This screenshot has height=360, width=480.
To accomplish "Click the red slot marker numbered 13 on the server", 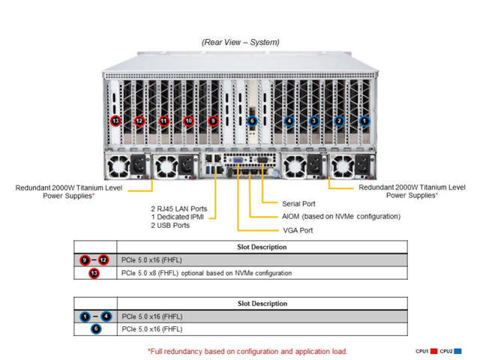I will (x=115, y=120).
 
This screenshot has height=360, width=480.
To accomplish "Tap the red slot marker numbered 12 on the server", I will (x=139, y=120).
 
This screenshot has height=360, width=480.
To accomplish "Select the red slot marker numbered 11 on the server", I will (x=163, y=120).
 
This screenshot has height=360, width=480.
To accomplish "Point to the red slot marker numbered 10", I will (x=188, y=120).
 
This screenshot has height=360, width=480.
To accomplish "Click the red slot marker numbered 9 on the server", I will (x=213, y=120).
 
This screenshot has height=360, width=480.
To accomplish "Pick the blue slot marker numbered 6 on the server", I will (x=252, y=120).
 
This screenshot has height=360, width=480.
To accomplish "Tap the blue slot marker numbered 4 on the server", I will (x=289, y=120).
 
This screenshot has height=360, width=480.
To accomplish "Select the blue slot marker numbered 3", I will (x=313, y=120).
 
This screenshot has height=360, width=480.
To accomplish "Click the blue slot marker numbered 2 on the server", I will (x=338, y=120).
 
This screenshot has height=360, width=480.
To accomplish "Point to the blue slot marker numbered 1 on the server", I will (x=364, y=120).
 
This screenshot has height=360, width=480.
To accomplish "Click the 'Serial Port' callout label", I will (x=298, y=203).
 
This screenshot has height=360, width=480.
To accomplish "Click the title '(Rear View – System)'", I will (x=240, y=43).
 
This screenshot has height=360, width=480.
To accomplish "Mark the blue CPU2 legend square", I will (x=458, y=350).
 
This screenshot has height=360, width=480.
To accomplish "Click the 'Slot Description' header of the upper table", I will (x=262, y=246).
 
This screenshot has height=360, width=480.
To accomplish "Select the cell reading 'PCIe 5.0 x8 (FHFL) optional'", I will (x=206, y=273).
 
